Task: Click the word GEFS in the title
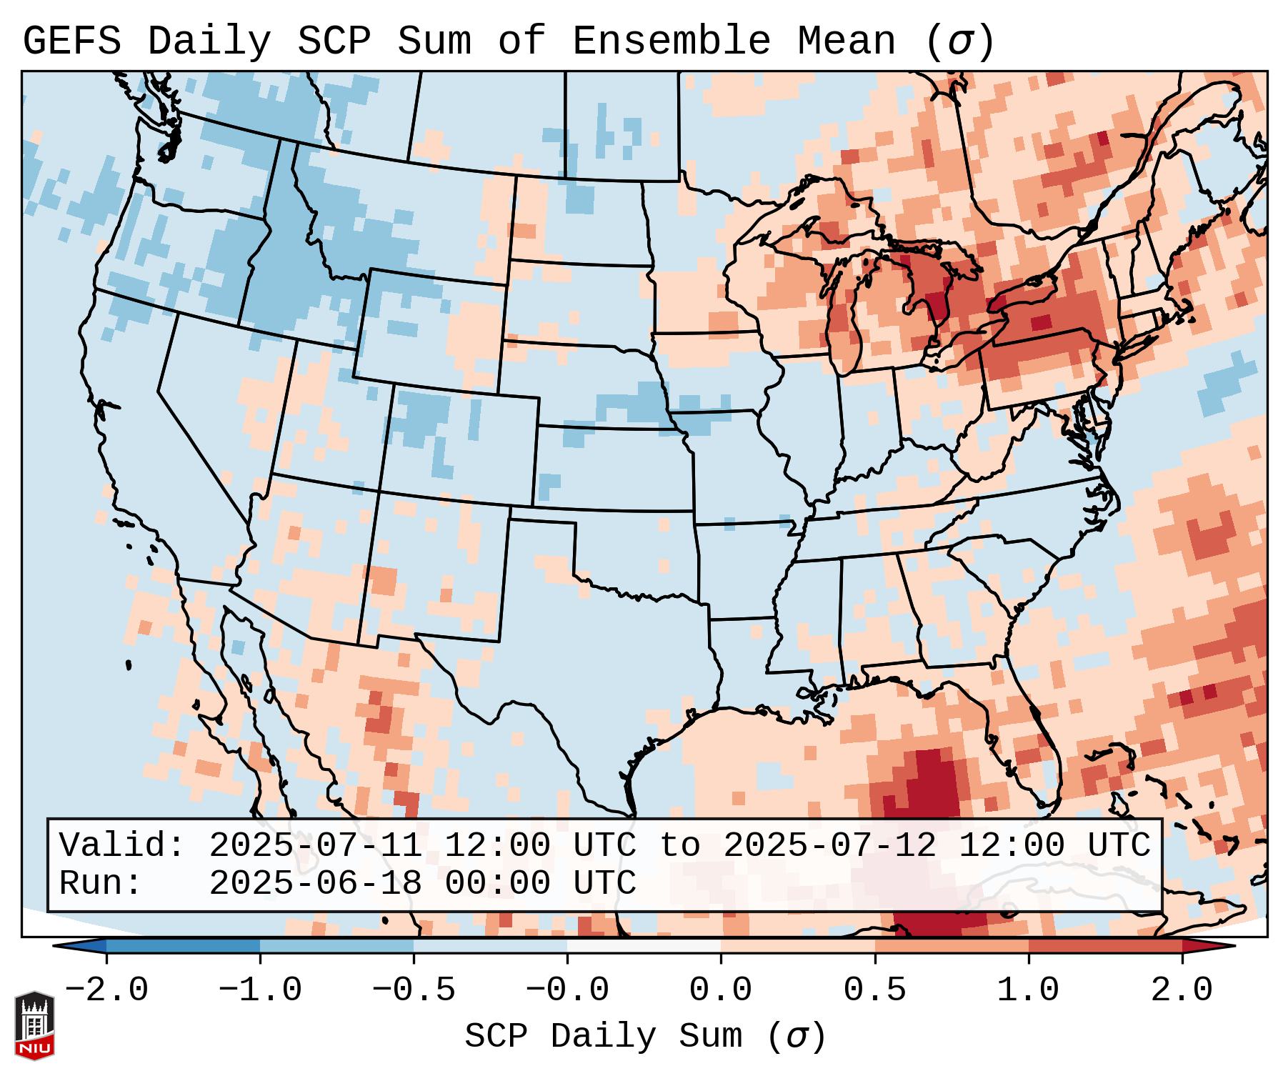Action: (71, 41)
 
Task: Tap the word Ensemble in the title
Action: (671, 41)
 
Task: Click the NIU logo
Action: (34, 1025)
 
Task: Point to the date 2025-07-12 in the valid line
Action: (829, 846)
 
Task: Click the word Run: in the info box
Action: (101, 884)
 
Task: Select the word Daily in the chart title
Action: (209, 41)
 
